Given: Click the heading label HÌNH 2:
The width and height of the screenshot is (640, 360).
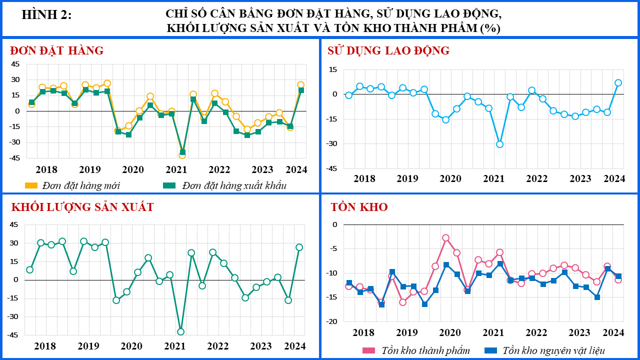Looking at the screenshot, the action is pos(46,15).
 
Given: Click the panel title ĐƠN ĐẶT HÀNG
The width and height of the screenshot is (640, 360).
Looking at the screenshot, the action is pos(56,50).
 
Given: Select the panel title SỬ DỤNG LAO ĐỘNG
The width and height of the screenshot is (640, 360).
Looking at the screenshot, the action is pos(388,50).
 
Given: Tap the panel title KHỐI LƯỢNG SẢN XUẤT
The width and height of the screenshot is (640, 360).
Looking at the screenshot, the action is pos(82,207).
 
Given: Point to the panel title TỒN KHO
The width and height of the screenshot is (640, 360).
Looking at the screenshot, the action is pos(359,207).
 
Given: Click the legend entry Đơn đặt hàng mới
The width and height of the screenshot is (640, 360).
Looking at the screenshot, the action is pos(72,185).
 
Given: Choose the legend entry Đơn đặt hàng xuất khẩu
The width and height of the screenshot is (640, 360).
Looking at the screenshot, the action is pos(224,185).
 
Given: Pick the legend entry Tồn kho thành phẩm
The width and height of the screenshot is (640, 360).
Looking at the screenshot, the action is pos(416,350).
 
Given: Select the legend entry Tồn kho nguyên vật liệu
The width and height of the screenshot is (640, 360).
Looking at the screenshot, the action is pos(544,350).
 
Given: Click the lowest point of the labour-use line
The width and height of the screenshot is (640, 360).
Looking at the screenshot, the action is pos(499,144).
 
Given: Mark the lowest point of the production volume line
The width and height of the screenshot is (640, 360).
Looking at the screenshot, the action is pos(180,331).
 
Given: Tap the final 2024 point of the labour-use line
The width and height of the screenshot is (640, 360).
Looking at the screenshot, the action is pos(618,83).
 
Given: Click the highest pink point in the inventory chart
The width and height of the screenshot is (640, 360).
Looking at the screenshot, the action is pos(445,238).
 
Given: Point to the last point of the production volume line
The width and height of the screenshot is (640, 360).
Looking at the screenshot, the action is pos(299,247).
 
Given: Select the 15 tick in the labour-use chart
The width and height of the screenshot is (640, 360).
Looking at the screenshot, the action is pos(333,69).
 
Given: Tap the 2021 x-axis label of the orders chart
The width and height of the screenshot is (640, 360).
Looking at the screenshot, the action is pos(176,169).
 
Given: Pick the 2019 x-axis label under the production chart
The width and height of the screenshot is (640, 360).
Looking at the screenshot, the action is pos(88,346).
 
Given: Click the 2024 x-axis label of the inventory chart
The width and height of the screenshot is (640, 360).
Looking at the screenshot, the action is pos(613,332).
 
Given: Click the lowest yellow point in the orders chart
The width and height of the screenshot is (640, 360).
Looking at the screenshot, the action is pos(182,155).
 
